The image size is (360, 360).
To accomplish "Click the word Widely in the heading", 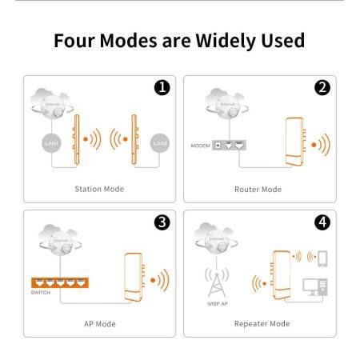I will (218, 39).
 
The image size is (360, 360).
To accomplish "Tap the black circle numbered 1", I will (162, 88).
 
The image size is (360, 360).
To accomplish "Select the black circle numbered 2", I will (322, 88).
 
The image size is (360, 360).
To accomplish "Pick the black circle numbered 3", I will (162, 222).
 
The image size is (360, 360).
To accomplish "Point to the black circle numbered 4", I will (322, 222).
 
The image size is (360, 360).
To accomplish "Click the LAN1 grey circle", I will (52, 142).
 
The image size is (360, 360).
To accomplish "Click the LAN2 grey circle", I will (158, 142).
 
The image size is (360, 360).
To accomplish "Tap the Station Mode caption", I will (99, 190).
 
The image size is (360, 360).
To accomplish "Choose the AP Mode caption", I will (99, 324).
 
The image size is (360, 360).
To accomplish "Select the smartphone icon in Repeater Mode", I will (322, 259).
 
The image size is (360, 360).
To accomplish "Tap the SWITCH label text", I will (42, 294).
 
